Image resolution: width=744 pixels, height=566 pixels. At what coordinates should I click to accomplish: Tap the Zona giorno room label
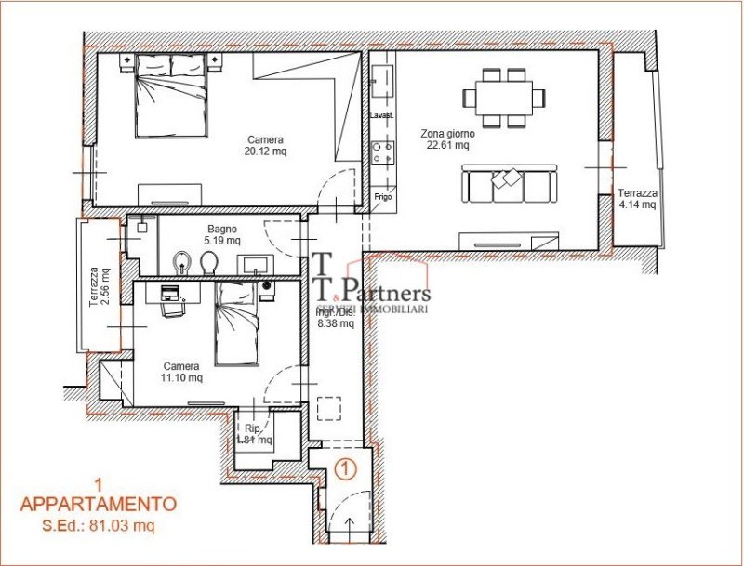coord(447,132)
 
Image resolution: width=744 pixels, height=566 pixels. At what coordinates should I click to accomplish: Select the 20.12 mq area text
coord(265,151)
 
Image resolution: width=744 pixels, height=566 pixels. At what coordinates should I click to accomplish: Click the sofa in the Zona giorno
coord(510,184)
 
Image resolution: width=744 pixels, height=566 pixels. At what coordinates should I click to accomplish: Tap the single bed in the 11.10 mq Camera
coord(238,323)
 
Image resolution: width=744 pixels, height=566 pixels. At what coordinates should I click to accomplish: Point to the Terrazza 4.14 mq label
coord(638,199)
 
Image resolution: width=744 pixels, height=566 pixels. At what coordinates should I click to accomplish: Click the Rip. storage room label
coord(252,428)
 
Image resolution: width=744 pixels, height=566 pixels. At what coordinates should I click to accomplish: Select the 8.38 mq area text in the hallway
coord(335,324)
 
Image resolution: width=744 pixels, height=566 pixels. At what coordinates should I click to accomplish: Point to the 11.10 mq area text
coord(182,378)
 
